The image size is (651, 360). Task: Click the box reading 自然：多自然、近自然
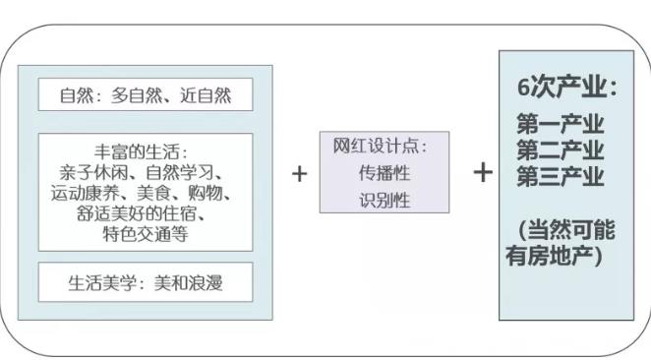pyautogui.click(x=145, y=95)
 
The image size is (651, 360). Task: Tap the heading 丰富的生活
pyautogui.click(x=145, y=152)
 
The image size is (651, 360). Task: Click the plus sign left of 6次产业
pyautogui.click(x=482, y=173)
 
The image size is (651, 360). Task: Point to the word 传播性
pyautogui.click(x=384, y=173)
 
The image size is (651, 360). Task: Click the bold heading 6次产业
pyautogui.click(x=566, y=88)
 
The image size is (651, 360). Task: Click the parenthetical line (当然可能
pyautogui.click(x=566, y=230)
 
